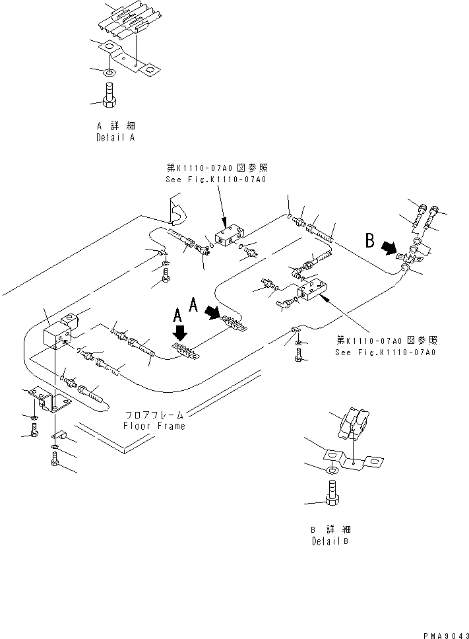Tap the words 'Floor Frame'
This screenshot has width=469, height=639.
154,426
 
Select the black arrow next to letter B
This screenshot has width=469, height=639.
390,248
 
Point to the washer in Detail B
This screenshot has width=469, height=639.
334,469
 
